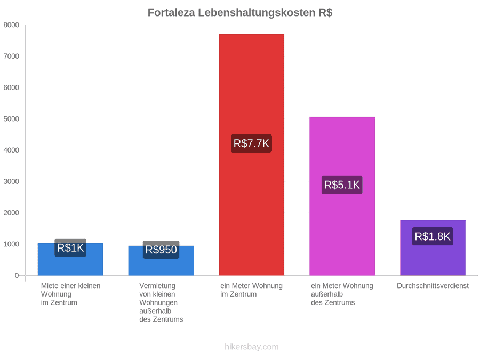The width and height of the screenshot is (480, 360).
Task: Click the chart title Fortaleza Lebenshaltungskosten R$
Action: pos(240,13)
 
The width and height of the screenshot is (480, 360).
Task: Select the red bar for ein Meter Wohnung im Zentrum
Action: pos(251,155)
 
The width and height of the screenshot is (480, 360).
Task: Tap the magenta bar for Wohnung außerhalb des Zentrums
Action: pos(342,196)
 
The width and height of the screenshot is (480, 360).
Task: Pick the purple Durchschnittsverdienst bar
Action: pos(433,247)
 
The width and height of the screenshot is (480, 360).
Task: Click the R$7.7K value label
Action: pos(251,143)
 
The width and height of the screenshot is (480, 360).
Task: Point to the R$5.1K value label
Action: pos(342,185)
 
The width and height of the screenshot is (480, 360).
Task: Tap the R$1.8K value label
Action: pos(433,236)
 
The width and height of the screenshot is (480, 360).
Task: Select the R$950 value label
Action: pos(161,250)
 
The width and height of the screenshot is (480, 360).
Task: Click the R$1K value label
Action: pos(70,247)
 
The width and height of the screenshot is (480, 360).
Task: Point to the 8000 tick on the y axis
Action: pos(11,25)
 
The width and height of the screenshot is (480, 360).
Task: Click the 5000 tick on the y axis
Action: pos(11,119)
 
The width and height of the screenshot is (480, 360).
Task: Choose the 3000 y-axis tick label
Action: pos(11,181)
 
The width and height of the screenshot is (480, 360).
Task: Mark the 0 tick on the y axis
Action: pos(17,275)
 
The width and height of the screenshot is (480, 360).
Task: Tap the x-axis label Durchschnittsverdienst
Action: pos(433,286)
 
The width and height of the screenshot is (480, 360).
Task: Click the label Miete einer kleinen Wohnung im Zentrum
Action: pos(71,294)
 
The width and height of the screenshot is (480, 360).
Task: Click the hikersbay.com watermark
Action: pos(252,347)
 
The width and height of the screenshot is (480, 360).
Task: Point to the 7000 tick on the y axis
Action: pos(11,56)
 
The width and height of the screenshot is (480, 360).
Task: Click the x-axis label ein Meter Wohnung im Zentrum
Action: pos(251,290)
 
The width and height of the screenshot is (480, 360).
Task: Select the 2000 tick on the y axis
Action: pos(11,212)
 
